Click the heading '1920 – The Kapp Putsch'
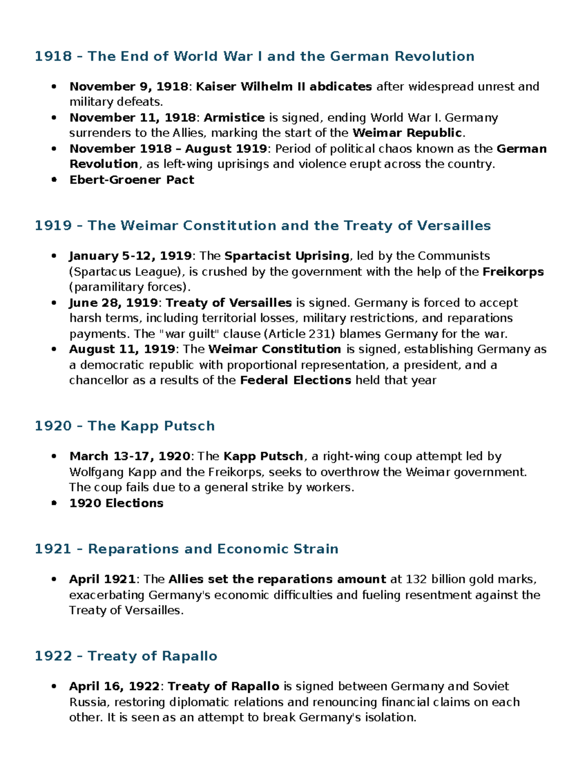[x=124, y=426]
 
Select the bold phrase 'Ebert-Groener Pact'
[x=132, y=180]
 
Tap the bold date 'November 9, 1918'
[x=129, y=87]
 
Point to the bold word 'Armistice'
[x=234, y=117]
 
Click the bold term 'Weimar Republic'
[x=407, y=133]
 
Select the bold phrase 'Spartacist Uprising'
[x=287, y=256]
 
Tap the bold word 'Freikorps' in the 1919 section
[x=513, y=272]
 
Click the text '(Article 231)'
[x=300, y=334]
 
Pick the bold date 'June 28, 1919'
[x=113, y=303]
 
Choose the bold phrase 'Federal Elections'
[x=295, y=380]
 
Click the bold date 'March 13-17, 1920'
[x=130, y=456]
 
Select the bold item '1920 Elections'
[x=116, y=503]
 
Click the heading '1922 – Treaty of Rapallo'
[x=126, y=656]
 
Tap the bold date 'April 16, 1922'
[x=114, y=686]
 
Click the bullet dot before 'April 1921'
[x=54, y=579]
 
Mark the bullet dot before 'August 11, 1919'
[x=54, y=349]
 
